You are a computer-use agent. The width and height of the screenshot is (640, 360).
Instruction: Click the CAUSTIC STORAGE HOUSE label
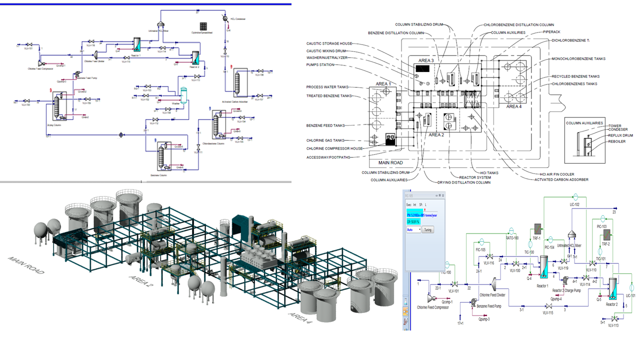[329, 43]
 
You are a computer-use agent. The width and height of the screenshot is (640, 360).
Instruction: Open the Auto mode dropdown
[413, 229]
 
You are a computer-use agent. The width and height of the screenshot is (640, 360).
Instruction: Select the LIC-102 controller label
[574, 204]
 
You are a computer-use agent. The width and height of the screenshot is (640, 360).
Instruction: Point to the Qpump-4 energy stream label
[556, 299]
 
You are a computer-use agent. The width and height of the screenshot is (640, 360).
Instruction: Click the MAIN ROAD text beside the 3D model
[26, 265]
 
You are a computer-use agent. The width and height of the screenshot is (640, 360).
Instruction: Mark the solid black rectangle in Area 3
[423, 68]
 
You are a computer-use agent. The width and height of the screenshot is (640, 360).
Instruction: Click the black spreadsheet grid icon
[203, 26]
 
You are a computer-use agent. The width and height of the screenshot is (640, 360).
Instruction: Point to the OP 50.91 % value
[414, 221]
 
